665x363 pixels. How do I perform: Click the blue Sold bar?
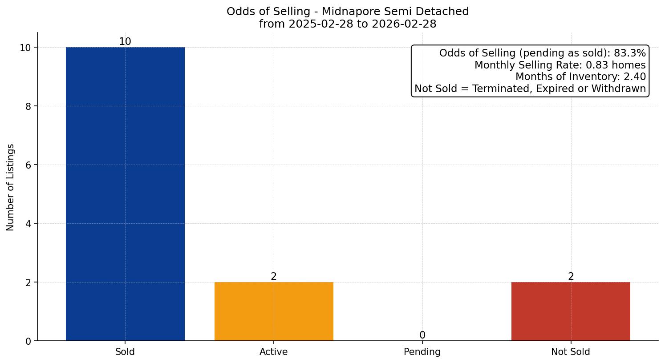(125, 194)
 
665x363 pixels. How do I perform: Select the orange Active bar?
(274, 311)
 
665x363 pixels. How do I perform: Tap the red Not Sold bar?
(571, 311)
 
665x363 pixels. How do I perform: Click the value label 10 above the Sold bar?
(125, 42)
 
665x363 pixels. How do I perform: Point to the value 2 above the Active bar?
(274, 277)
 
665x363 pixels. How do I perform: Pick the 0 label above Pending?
(422, 335)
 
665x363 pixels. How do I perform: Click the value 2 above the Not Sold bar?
(571, 277)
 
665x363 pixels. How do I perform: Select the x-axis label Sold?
(125, 352)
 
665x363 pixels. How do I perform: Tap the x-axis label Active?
(274, 352)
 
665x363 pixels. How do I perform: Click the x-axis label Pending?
(422, 352)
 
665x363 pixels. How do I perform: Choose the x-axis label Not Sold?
(571, 352)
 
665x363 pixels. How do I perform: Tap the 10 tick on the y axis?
(25, 48)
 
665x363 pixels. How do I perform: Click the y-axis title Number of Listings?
(11, 187)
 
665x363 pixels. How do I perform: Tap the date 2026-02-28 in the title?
(404, 24)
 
